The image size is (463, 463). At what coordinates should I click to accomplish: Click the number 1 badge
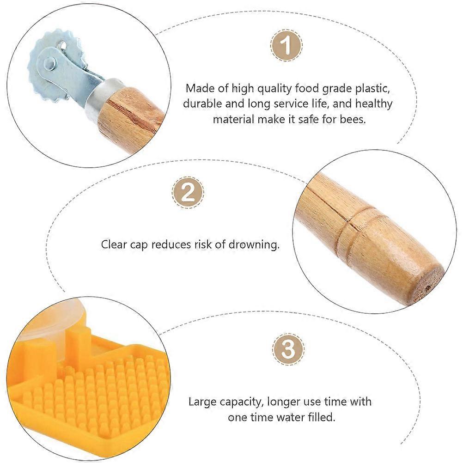click(x=286, y=45)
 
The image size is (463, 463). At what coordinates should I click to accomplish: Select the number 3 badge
click(x=288, y=349)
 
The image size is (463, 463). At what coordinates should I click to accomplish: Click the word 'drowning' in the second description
click(x=254, y=244)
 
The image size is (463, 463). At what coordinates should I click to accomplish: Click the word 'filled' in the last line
click(x=319, y=417)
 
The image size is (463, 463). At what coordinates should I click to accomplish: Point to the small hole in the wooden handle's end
click(x=428, y=287)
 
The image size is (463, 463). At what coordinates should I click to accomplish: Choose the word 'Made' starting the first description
click(x=200, y=88)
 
